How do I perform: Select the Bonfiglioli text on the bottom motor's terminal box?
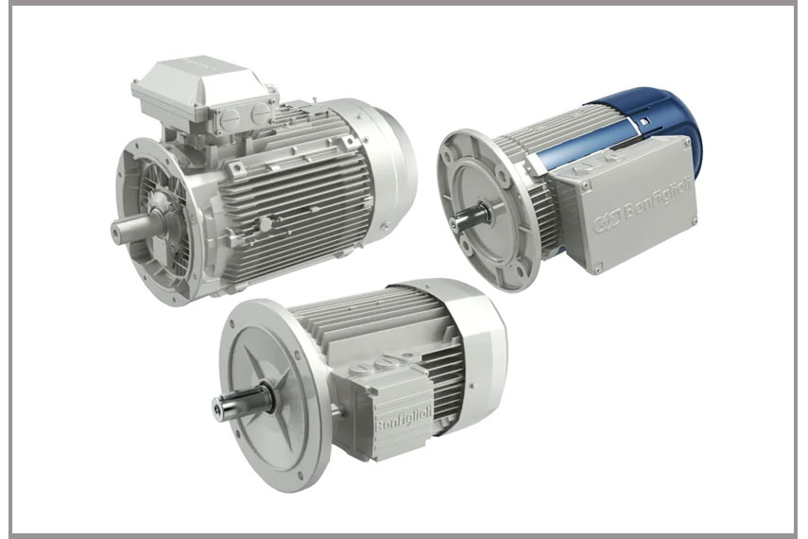click(x=404, y=418)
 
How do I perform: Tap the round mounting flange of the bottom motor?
click(x=273, y=394)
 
